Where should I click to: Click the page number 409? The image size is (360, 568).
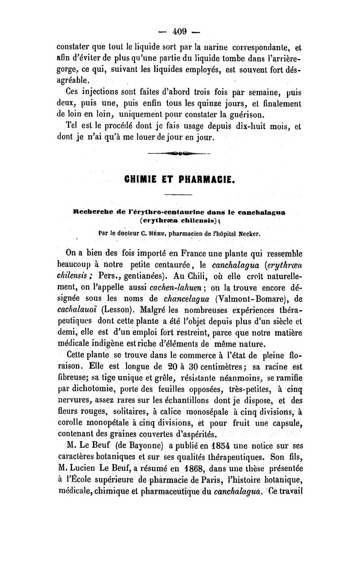tap(180, 31)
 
